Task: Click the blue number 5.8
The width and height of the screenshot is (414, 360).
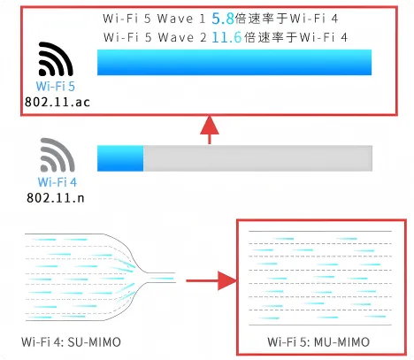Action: coord(223,19)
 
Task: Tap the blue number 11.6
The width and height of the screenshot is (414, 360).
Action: coord(226,37)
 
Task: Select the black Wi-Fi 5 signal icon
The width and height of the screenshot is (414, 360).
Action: coord(56,59)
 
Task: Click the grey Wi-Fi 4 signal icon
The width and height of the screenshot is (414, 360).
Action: coord(57,155)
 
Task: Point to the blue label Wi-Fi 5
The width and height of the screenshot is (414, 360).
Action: coord(56,87)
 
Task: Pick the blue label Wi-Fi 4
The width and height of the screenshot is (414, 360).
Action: coord(57,182)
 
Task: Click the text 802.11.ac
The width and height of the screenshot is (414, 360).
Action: coord(57,102)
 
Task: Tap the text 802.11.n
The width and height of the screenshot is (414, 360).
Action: coord(56,197)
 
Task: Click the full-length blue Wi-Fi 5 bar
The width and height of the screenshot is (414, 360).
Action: coord(234,62)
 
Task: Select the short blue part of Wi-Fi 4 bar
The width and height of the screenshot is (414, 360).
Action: coord(120,158)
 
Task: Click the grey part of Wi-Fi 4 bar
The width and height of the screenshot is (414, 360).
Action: coord(257,158)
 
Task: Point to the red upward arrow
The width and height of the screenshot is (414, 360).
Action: coord(210,129)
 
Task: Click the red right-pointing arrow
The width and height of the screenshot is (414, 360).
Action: coord(211,280)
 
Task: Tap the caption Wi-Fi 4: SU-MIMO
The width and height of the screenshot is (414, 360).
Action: coord(71,342)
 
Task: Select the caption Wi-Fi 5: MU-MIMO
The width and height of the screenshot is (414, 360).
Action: coord(318,342)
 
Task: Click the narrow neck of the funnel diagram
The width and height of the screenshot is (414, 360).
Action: coord(161,278)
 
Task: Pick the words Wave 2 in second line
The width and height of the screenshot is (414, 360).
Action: coord(182,37)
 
